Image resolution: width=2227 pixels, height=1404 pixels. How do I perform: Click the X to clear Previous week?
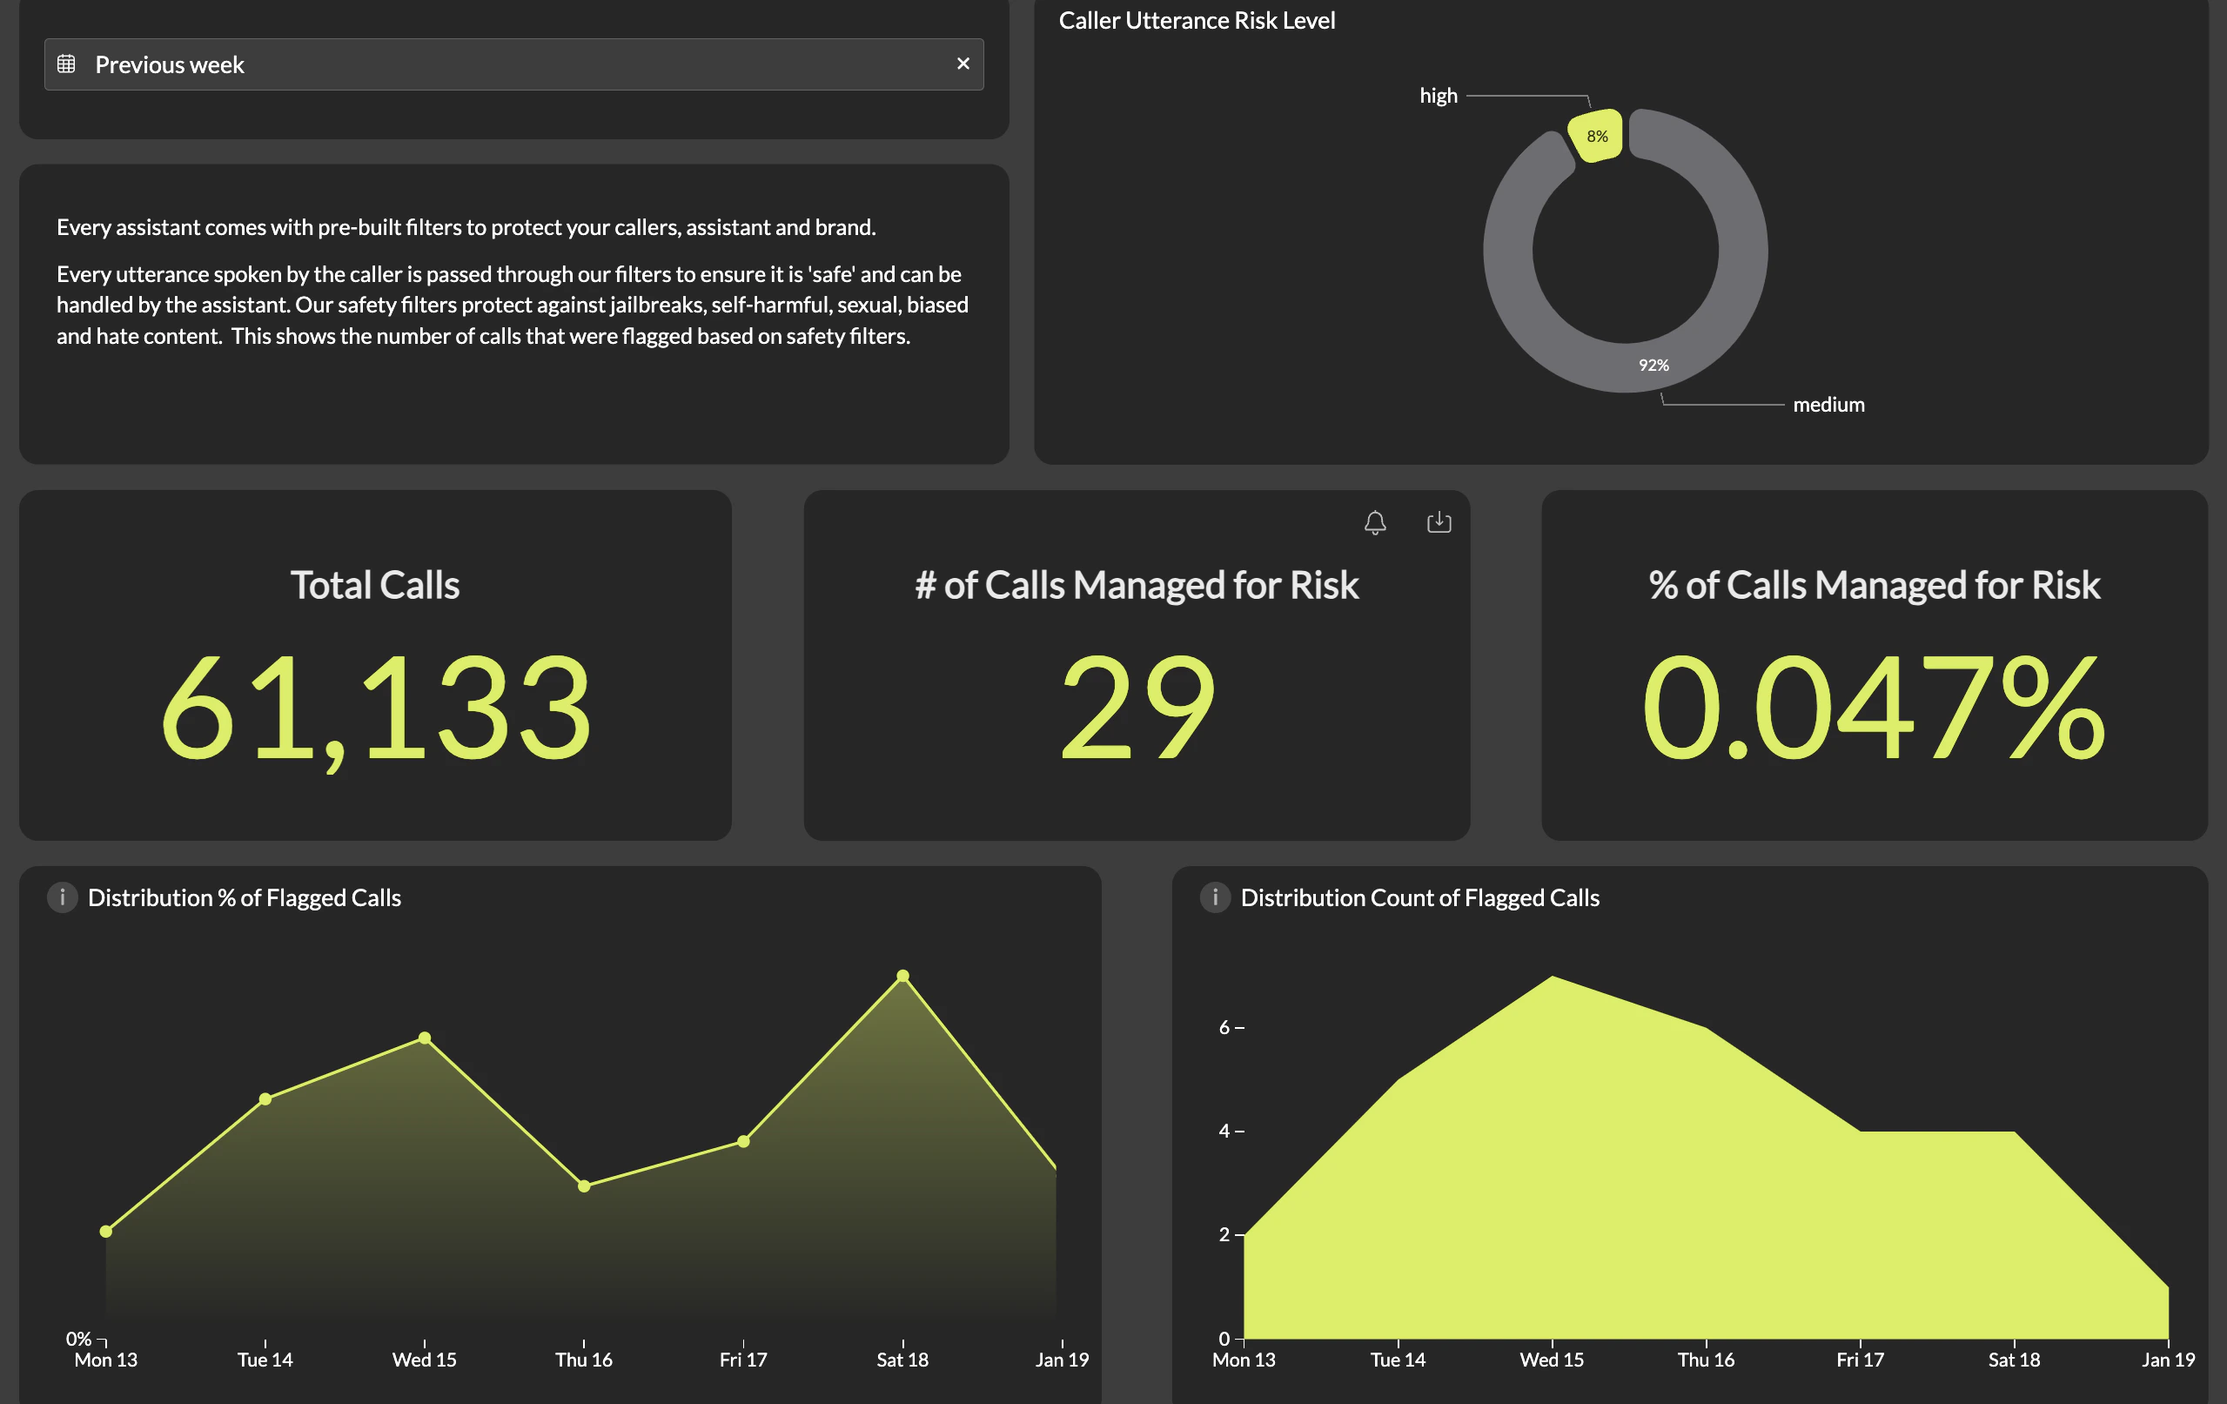963,64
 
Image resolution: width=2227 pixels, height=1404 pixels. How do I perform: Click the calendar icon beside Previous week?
67,64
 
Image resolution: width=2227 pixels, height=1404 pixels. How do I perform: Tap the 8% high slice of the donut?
1595,136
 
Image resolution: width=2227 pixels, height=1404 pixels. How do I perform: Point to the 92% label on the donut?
1653,366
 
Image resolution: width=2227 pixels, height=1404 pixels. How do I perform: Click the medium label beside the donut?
1828,405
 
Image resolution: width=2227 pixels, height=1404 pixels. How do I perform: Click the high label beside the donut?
1439,97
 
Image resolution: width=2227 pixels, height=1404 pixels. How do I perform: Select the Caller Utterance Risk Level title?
1196,20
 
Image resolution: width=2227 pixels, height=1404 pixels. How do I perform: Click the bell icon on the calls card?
1375,522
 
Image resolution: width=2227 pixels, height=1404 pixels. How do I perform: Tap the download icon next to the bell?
1439,522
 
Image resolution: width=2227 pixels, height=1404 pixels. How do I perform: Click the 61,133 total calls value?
375,708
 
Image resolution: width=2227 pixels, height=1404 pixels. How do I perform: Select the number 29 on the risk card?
1137,708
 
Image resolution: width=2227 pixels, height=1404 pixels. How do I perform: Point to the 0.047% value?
1874,708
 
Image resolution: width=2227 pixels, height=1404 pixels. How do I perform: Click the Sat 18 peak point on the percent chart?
902,976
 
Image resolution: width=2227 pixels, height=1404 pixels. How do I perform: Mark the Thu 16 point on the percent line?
584,1186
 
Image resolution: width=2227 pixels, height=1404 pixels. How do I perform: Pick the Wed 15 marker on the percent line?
425,1038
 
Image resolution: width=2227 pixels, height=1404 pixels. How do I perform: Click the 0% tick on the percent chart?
78,1339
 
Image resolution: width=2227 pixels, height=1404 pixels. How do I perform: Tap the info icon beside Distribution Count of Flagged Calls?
1214,897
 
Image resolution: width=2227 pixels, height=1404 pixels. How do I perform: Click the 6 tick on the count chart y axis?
1224,1028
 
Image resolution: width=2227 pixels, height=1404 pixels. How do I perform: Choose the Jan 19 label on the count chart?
2168,1360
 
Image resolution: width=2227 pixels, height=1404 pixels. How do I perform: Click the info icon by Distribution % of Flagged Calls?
62,897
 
